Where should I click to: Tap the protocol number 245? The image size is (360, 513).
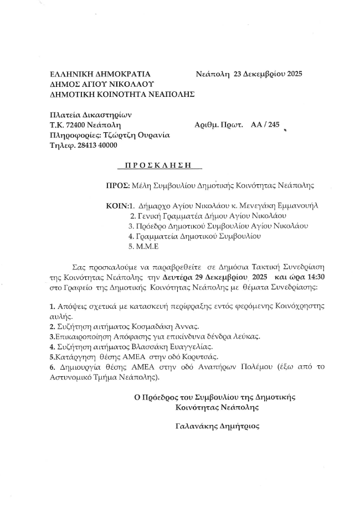pyautogui.click(x=274, y=125)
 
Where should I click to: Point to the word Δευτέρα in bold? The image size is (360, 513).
pyautogui.click(x=179, y=278)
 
